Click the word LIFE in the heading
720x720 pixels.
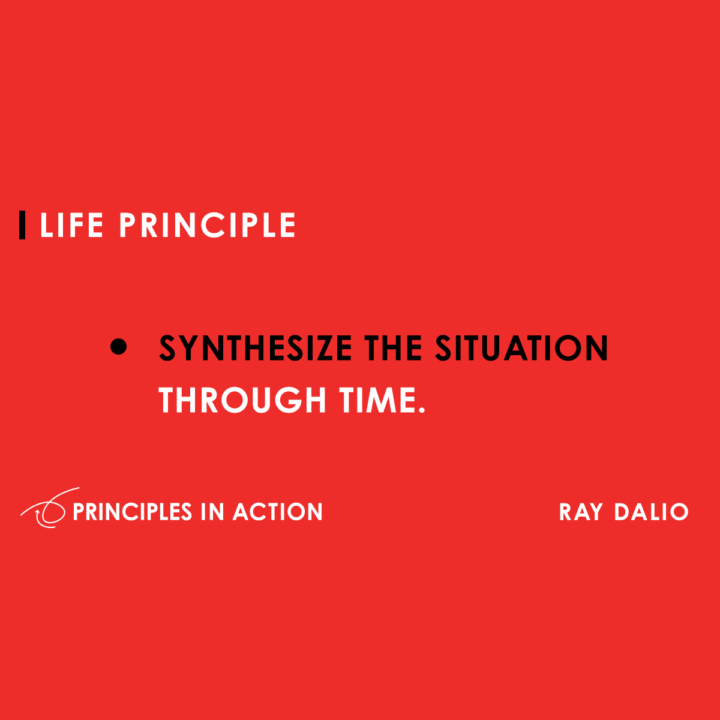coord(71,226)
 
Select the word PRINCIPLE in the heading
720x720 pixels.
coord(208,226)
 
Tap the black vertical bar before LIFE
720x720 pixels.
coord(22,225)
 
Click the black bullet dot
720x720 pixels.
coord(119,347)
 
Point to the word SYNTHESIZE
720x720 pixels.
coord(256,349)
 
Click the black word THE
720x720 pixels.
coord(394,349)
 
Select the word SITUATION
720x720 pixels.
coord(521,349)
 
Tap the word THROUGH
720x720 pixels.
coord(242,400)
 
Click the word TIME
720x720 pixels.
coord(376,400)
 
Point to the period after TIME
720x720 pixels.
coord(421,410)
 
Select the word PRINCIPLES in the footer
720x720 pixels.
coord(132,512)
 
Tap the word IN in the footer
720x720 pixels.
coord(212,512)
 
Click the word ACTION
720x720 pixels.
coord(278,512)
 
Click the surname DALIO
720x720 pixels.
coord(651,512)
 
